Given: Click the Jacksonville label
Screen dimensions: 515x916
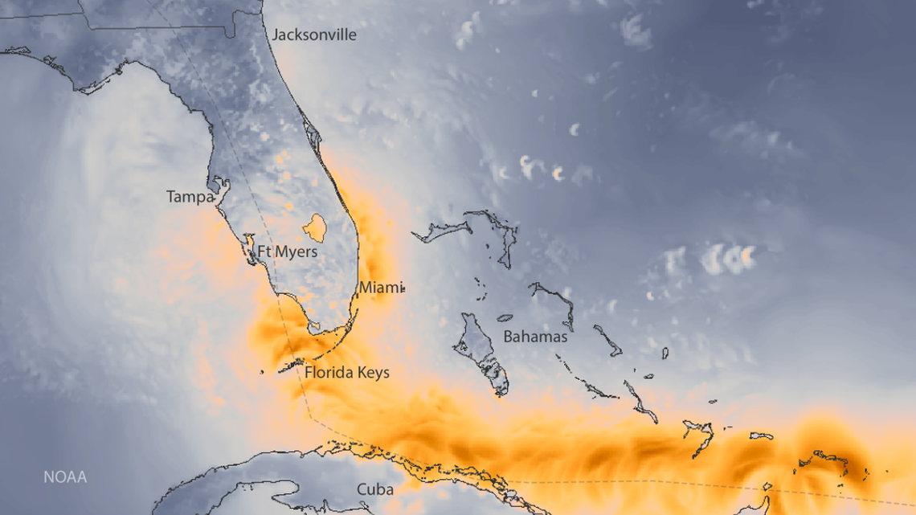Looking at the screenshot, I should click(314, 35).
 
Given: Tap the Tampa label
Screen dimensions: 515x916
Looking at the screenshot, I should click(190, 197).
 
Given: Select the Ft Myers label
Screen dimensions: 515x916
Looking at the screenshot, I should click(287, 252).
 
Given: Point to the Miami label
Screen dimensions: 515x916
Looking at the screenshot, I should click(379, 287).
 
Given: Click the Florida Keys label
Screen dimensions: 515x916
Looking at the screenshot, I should click(346, 373).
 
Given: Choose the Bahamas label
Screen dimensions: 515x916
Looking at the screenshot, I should click(535, 337).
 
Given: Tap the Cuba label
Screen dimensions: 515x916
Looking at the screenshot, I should click(375, 489).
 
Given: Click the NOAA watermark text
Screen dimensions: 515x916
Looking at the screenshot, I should click(65, 477).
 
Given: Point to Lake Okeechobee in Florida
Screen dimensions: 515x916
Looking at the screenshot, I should click(314, 227).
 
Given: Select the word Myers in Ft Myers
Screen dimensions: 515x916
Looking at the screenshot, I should click(296, 252).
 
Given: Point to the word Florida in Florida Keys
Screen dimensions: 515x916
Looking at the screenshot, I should click(329, 373).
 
